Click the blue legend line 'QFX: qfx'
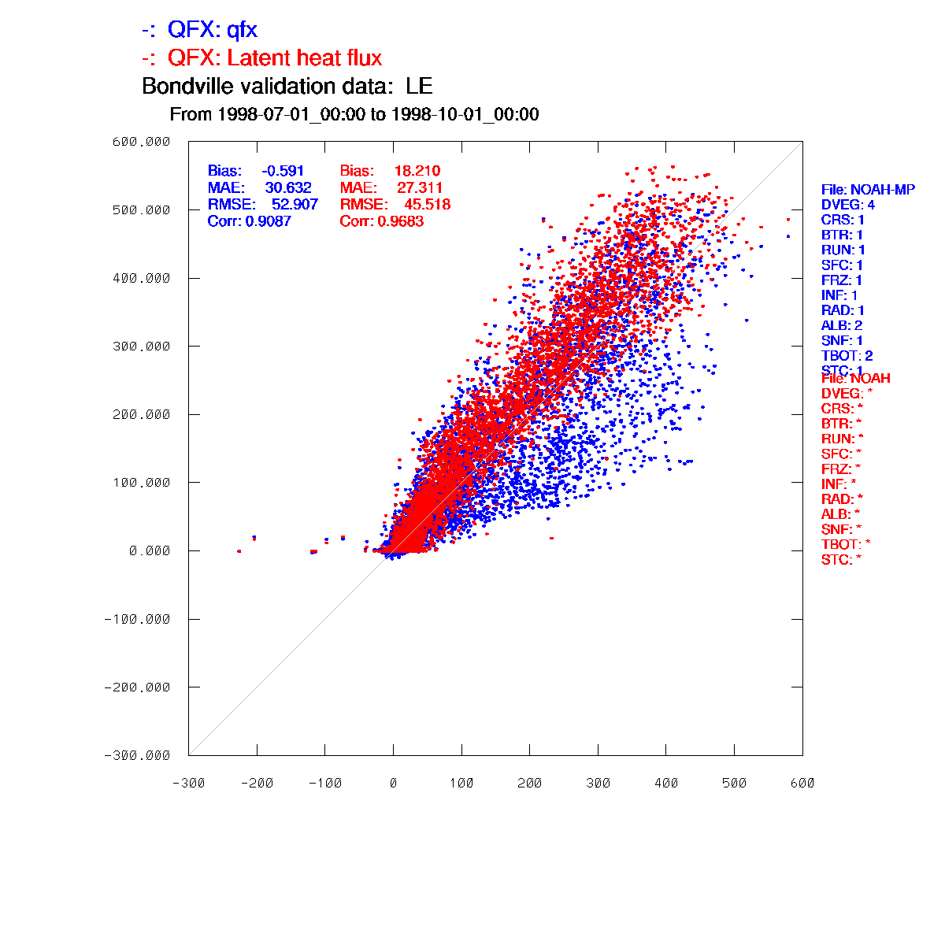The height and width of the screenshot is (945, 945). [200, 30]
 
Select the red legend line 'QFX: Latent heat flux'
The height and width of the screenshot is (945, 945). [262, 58]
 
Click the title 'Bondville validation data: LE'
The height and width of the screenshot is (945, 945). [287, 87]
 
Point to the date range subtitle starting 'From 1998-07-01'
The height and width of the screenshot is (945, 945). [354, 115]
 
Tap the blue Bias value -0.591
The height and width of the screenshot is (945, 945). [283, 171]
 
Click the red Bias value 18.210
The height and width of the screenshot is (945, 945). [417, 171]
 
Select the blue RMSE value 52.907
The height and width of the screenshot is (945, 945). [295, 205]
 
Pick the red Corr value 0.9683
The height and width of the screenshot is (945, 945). [401, 221]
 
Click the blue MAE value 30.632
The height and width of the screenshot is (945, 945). [288, 188]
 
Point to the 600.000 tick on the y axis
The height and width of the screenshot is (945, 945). [142, 142]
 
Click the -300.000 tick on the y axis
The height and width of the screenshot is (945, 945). [137, 755]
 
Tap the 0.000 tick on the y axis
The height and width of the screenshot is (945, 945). [150, 550]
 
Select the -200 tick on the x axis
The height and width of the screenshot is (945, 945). [257, 783]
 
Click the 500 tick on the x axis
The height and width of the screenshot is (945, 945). [734, 783]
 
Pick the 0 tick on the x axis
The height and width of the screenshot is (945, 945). [393, 783]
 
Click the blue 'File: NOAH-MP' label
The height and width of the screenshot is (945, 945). [868, 190]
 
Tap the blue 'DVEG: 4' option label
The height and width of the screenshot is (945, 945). [847, 205]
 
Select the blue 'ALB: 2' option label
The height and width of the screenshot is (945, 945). [842, 325]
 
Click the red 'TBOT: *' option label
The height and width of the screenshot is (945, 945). [846, 544]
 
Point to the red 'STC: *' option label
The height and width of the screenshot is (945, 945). [842, 560]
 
